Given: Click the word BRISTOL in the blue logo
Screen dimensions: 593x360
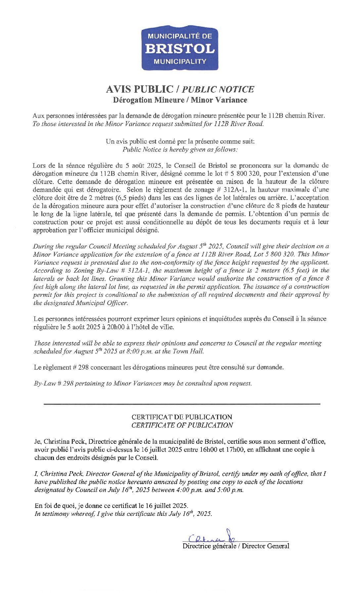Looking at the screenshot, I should pos(180,49).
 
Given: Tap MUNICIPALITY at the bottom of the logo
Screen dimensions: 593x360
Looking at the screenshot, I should pos(180,61).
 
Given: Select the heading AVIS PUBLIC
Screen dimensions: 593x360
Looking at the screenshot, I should pos(139,89).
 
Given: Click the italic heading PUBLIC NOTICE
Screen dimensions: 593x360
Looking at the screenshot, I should pos(218,89).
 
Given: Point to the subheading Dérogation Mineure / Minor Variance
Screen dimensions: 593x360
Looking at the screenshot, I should pos(180,100).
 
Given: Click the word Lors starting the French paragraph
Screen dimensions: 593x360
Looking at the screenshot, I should pos(39,165).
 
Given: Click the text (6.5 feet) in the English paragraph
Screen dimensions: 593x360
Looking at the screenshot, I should pos(296,270).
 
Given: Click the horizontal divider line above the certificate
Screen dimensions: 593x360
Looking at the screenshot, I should pos(182,404).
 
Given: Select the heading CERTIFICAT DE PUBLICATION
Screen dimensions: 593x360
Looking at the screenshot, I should pos(182,417).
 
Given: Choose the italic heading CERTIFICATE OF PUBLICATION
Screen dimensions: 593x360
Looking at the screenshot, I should pos(182,425).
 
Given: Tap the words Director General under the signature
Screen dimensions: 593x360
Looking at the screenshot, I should pos(265,546).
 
